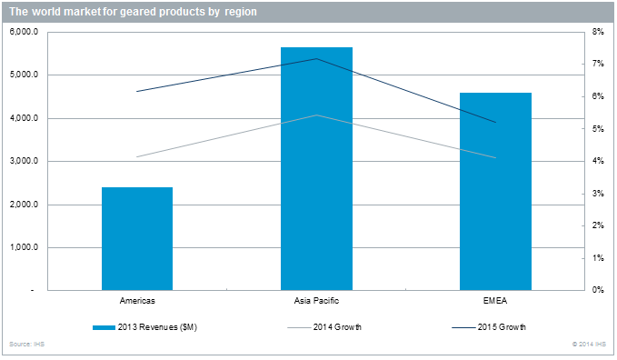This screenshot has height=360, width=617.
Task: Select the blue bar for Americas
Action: click(136, 238)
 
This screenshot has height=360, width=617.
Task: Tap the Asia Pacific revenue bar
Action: click(316, 168)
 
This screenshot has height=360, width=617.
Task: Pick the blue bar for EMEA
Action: click(495, 191)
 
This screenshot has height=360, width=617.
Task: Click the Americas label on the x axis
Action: click(136, 300)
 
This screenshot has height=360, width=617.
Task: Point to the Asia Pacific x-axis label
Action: click(316, 300)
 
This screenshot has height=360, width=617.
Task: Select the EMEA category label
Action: click(495, 300)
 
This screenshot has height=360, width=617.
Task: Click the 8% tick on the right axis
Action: click(598, 32)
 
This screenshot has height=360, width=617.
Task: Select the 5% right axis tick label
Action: click(598, 129)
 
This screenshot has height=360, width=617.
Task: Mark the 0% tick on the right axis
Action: click(598, 291)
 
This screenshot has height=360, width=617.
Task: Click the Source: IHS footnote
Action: click(24, 345)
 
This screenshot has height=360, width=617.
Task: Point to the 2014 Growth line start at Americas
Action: click(136, 156)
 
